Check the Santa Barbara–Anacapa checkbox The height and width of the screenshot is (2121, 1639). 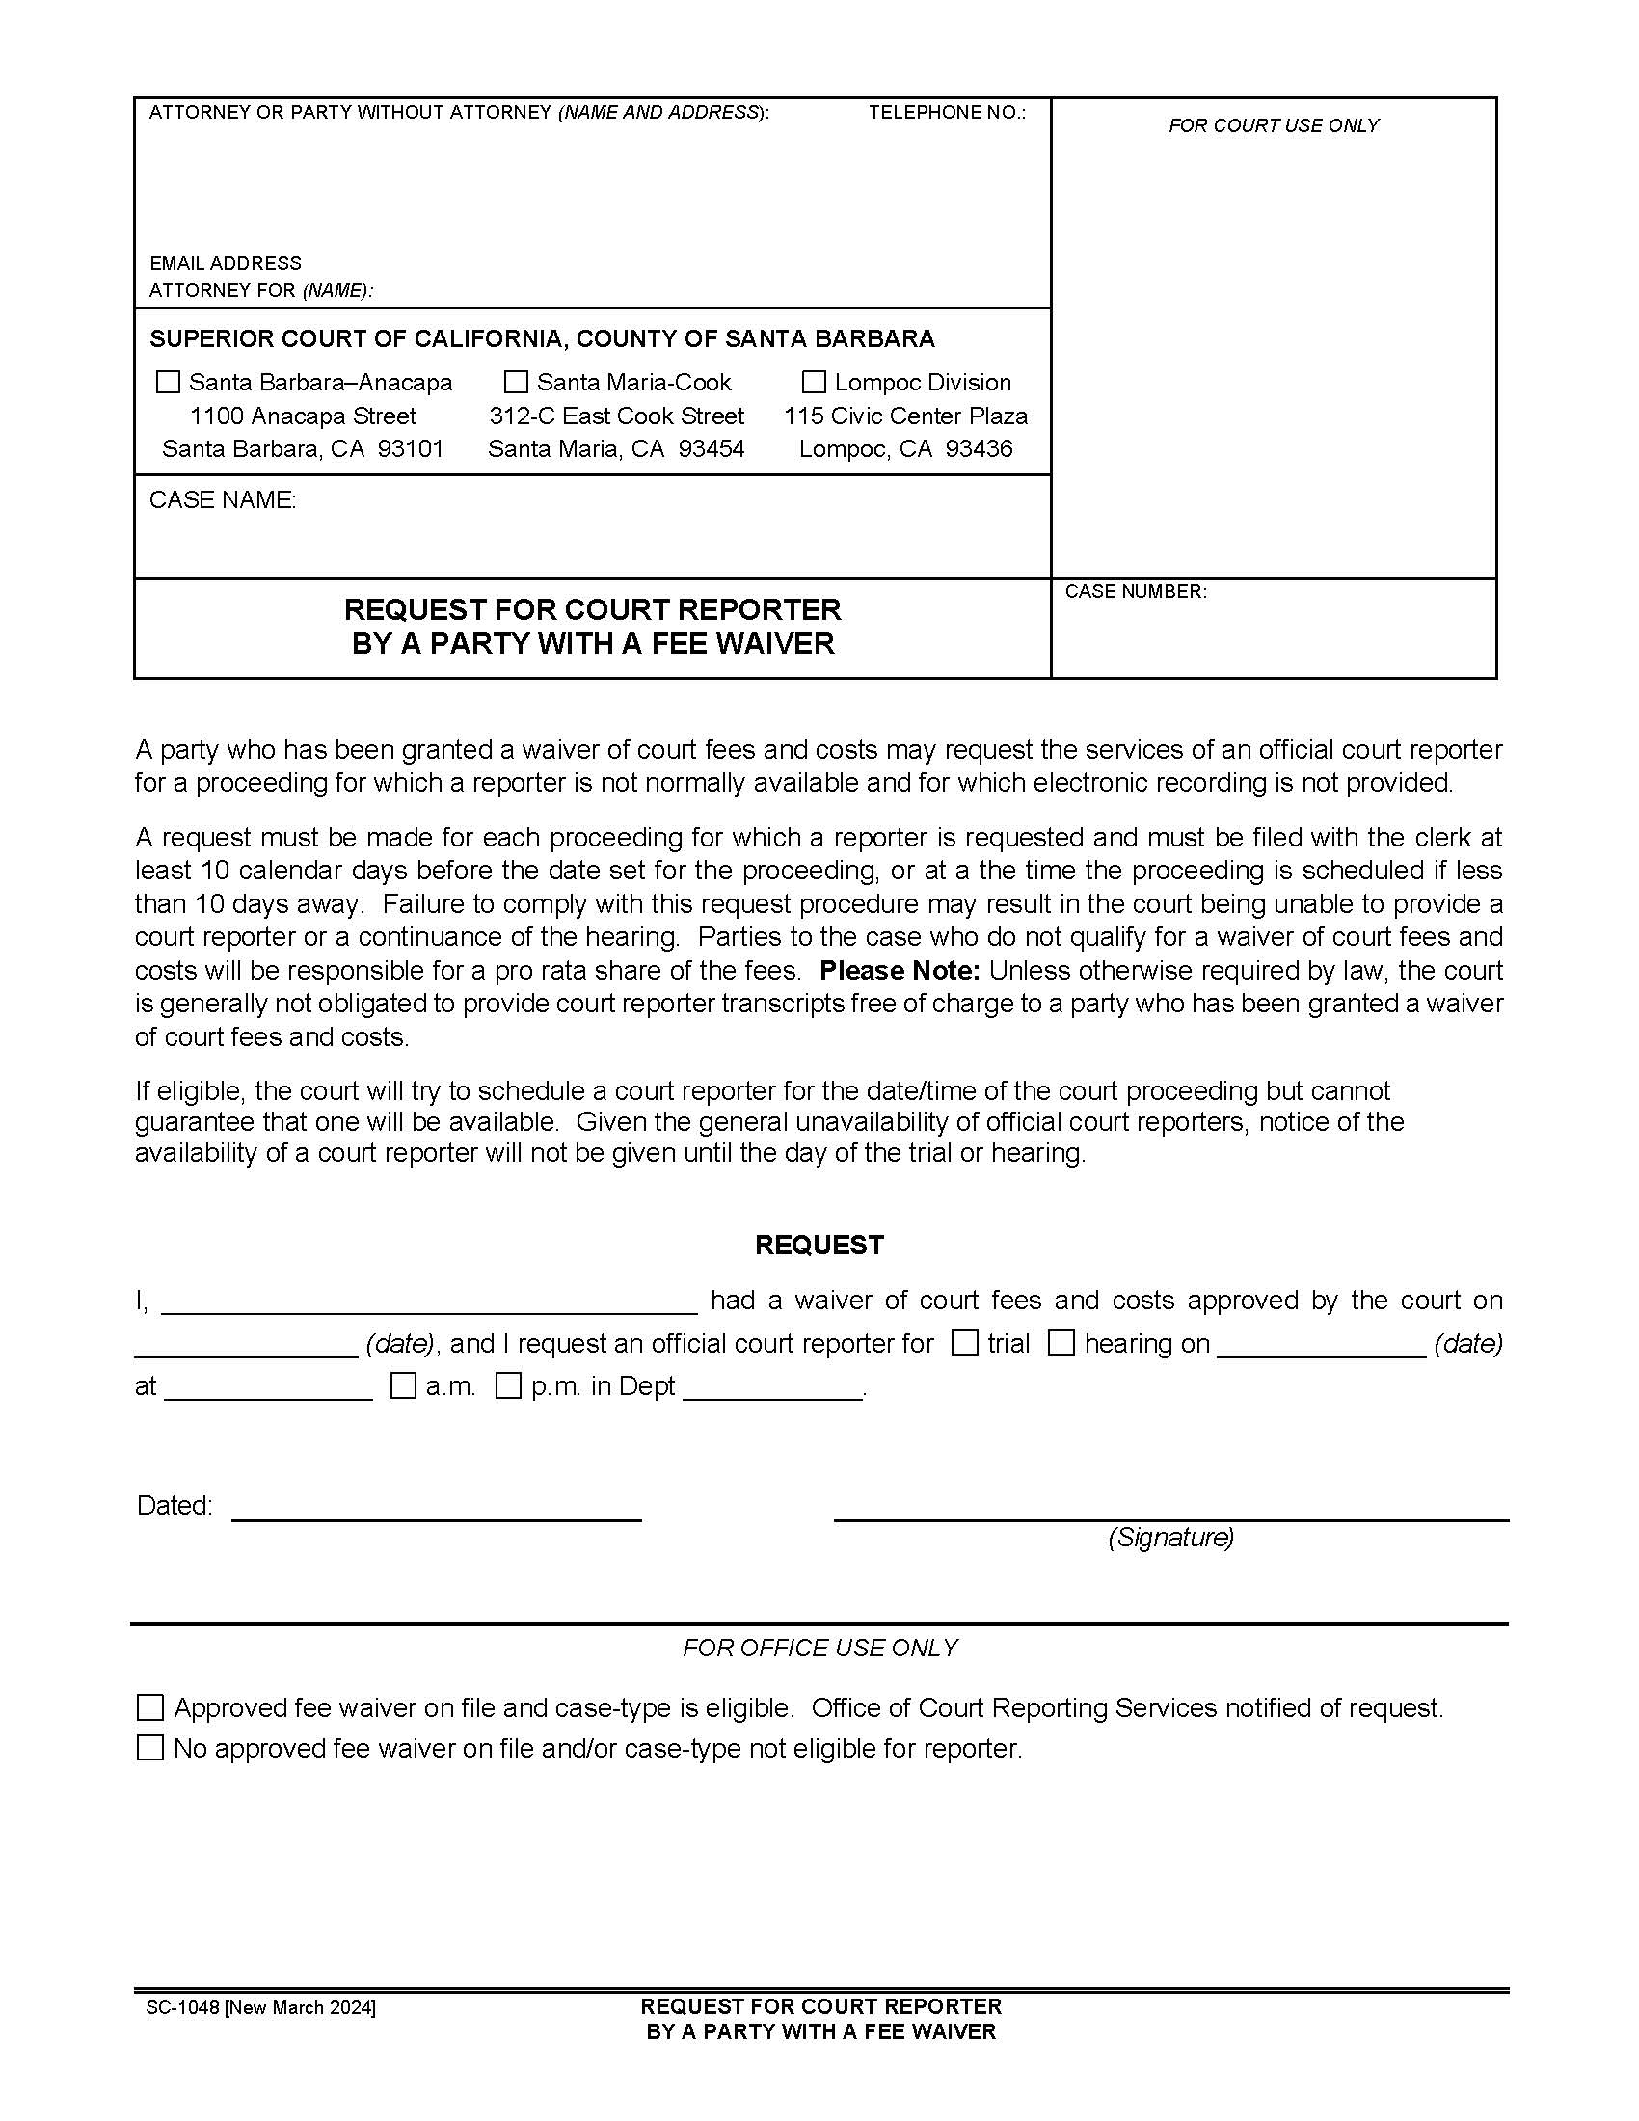[168, 382]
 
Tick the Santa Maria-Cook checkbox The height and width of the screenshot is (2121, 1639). [517, 382]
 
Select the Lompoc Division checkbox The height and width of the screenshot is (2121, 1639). [814, 382]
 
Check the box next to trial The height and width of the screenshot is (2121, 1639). [964, 1343]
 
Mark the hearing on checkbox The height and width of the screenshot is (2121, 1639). [1061, 1343]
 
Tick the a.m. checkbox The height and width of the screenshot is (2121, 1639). [403, 1385]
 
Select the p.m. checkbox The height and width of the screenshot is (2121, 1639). [508, 1385]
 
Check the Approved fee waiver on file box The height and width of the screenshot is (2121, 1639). [150, 1707]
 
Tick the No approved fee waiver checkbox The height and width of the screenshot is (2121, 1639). [150, 1748]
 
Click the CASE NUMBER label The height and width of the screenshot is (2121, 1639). [1135, 591]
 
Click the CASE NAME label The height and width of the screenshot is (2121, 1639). [223, 500]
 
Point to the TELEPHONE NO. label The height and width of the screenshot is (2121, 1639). [947, 113]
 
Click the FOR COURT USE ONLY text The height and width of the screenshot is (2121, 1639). [1273, 125]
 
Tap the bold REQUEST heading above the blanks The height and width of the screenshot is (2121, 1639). [819, 1245]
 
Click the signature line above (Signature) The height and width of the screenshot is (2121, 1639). [1170, 1517]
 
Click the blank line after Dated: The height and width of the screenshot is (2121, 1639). [436, 1517]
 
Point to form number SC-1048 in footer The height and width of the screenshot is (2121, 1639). [182, 2007]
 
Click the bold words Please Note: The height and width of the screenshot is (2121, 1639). [900, 970]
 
